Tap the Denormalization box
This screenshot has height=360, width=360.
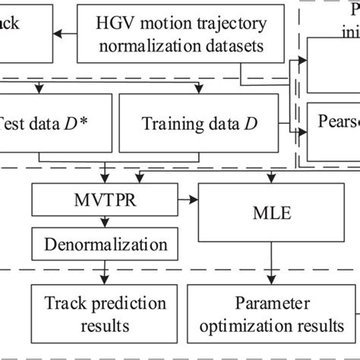pos(105,245)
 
